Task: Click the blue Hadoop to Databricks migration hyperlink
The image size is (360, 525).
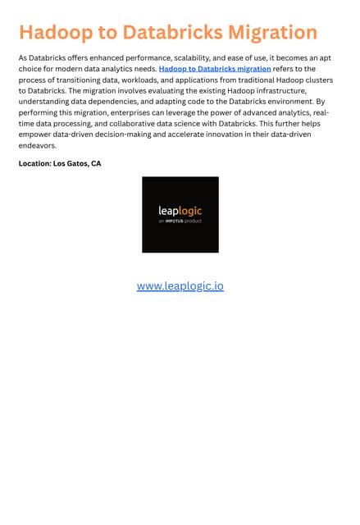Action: click(215, 70)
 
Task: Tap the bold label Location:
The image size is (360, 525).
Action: click(35, 164)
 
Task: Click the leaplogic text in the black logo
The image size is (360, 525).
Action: click(180, 211)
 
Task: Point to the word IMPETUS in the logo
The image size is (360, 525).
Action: click(177, 221)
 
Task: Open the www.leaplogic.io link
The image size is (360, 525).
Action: click(180, 286)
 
